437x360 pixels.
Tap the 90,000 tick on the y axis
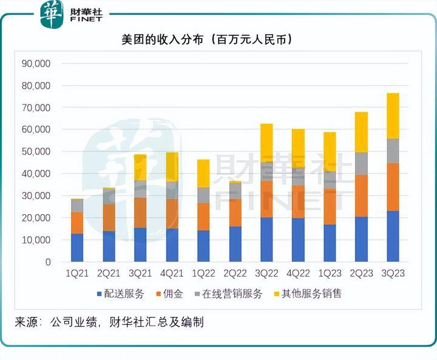click(36, 63)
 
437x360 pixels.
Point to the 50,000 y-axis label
click(36, 151)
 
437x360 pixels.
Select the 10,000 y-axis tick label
click(36, 240)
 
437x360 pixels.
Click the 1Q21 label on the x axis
click(77, 274)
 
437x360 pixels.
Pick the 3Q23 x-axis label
click(393, 274)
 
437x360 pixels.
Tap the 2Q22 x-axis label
click(235, 274)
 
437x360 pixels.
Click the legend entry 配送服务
click(120, 294)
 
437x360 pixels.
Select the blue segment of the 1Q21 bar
click(77, 248)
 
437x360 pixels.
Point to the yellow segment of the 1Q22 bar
click(203, 173)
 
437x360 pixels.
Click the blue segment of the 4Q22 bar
click(298, 240)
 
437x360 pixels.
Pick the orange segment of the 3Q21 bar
click(140, 212)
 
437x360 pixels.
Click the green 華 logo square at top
click(52, 15)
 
